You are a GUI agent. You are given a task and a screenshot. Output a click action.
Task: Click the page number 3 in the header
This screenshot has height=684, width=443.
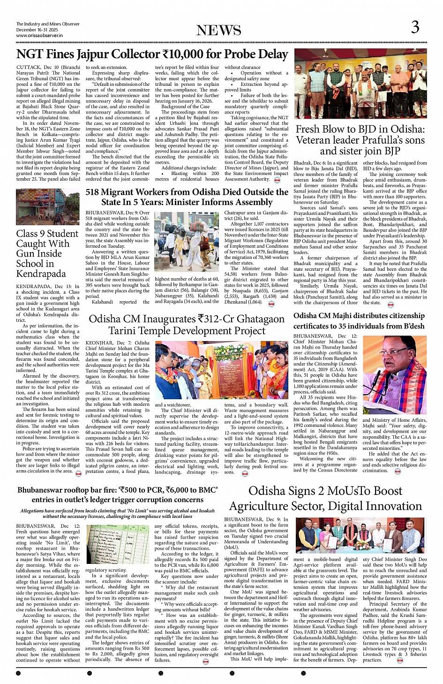pyautogui.click(x=415, y=28)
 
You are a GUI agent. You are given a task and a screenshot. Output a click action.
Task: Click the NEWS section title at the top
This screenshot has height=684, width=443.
pyautogui.click(x=218, y=30)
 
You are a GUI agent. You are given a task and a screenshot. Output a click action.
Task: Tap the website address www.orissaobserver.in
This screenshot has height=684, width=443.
pyautogui.click(x=39, y=35)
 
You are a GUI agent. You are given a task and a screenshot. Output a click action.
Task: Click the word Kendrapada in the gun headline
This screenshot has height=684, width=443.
pyautogui.click(x=41, y=274)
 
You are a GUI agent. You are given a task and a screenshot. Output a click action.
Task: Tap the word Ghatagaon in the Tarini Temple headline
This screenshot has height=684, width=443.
pyautogui.click(x=254, y=319)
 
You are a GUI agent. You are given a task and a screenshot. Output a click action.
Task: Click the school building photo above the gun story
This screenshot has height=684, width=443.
pyautogui.click(x=47, y=207)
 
